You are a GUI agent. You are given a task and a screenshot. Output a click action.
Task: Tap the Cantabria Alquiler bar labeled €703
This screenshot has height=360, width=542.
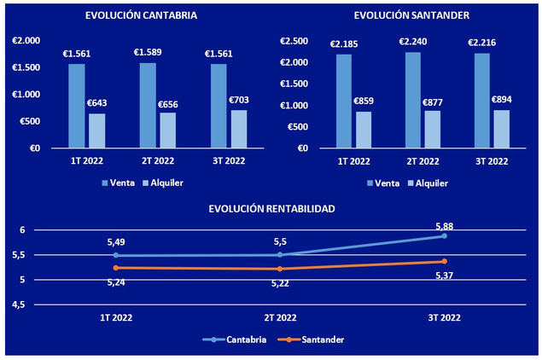point(238,128)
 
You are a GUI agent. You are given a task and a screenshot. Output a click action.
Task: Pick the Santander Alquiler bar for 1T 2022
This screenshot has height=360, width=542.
point(364,130)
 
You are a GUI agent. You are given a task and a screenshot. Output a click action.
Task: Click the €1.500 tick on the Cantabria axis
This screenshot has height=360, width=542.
point(26,67)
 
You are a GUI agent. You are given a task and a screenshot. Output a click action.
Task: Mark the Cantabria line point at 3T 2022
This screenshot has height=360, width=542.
point(445,235)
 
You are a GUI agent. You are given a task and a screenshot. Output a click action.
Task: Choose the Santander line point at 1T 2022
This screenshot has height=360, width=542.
point(115,268)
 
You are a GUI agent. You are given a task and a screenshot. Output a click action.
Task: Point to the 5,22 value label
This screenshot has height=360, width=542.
point(279,283)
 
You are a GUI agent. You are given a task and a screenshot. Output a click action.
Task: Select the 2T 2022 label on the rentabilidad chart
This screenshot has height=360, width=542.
point(280,317)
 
